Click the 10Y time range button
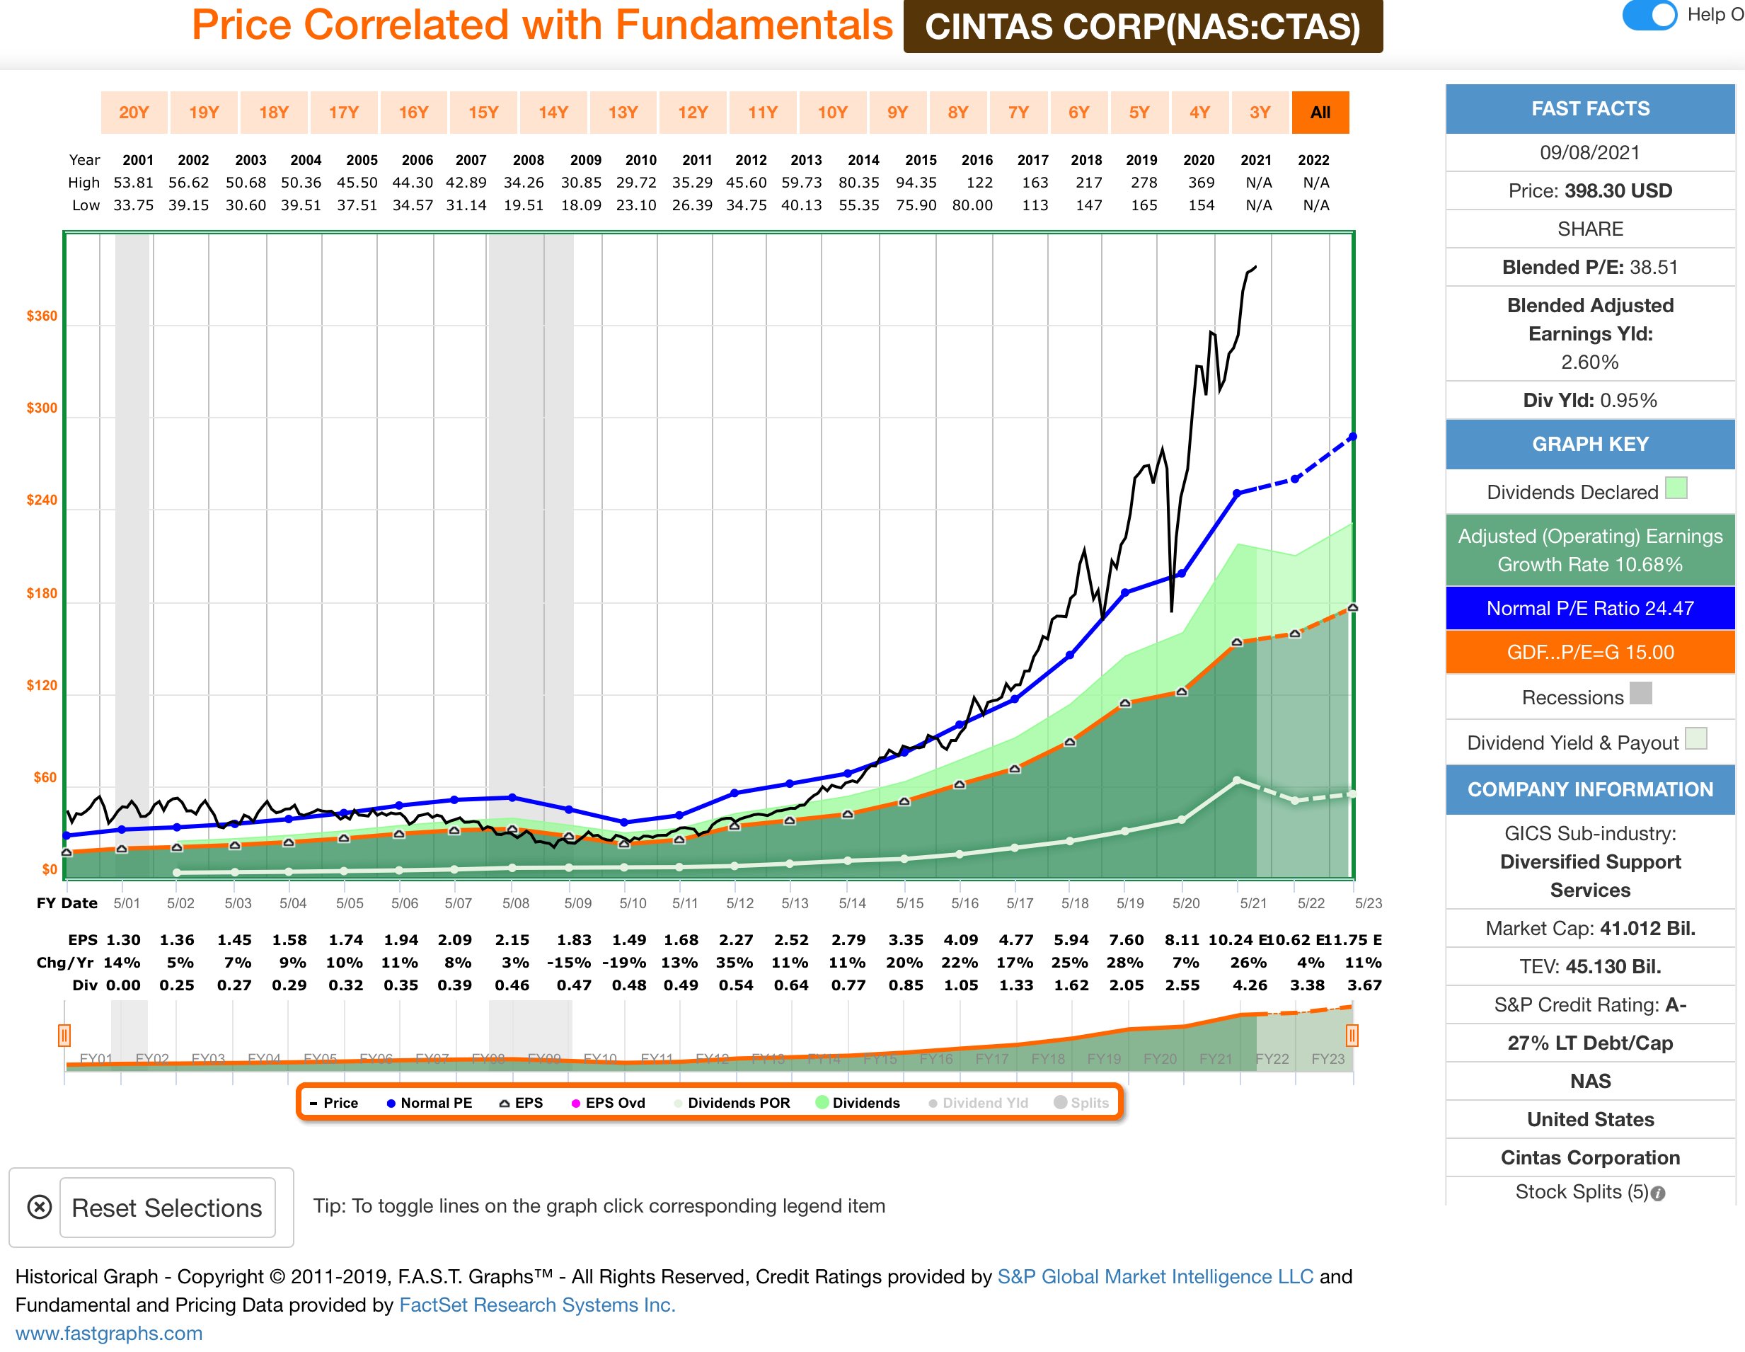click(831, 113)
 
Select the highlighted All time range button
click(1320, 113)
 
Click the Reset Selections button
click(167, 1208)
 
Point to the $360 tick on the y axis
click(42, 316)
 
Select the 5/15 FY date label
click(909, 903)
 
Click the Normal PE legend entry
click(429, 1103)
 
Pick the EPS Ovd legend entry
click(608, 1103)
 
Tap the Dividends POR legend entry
click(732, 1103)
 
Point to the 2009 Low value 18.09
click(581, 205)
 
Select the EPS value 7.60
click(1126, 940)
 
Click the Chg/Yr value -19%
click(629, 963)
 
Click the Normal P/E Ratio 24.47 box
click(1589, 608)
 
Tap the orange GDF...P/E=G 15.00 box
click(1589, 652)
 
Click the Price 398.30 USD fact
click(1589, 191)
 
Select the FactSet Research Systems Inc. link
click(537, 1305)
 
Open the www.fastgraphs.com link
click(109, 1333)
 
